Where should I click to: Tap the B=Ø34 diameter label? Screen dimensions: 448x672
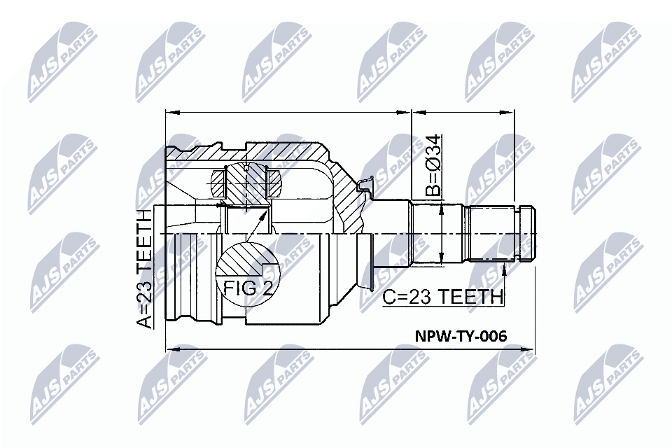433,165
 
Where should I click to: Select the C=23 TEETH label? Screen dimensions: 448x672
442,297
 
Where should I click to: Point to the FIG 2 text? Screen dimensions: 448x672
248,288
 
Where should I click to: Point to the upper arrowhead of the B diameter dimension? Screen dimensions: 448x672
442,211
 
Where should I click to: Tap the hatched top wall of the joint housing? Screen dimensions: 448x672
287,150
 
